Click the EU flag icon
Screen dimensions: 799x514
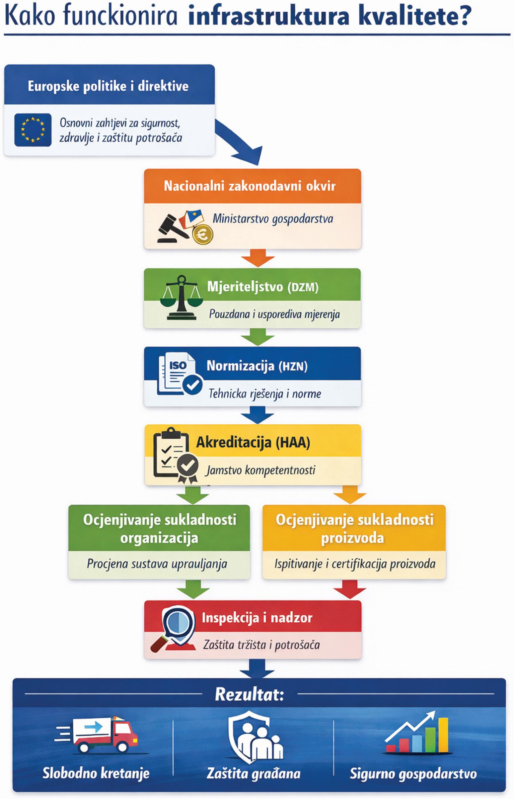pyautogui.click(x=33, y=130)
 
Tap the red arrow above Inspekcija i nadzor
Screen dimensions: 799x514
pyautogui.click(x=349, y=590)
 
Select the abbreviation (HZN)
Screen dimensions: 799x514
pyautogui.click(x=293, y=366)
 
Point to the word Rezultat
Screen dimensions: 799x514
pyautogui.click(x=249, y=694)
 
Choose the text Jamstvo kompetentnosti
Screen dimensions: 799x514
pyautogui.click(x=260, y=470)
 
